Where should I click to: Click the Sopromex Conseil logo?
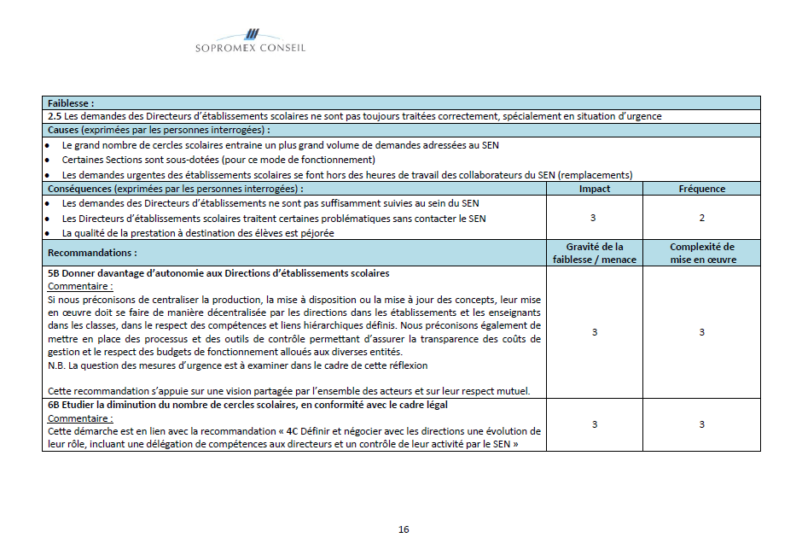point(250,40)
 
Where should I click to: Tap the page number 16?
point(404,529)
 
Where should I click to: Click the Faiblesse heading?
point(71,102)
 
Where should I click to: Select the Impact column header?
point(594,189)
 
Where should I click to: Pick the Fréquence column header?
point(701,189)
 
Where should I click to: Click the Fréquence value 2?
point(701,218)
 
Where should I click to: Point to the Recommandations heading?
point(92,253)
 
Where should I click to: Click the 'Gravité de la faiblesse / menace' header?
point(594,253)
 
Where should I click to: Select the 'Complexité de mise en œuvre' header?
point(701,253)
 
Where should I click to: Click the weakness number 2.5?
point(55,116)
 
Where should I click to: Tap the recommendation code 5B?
point(54,273)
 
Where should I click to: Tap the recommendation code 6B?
point(54,405)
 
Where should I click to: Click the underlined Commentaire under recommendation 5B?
point(80,287)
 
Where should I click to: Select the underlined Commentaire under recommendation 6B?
point(80,418)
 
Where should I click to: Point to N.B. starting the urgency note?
point(56,365)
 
